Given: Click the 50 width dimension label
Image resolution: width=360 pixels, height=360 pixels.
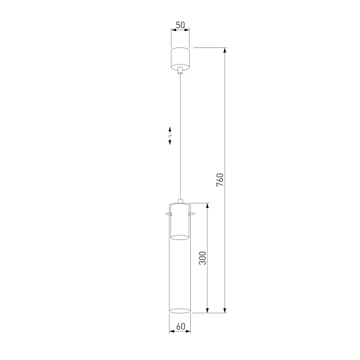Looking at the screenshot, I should click(181, 26).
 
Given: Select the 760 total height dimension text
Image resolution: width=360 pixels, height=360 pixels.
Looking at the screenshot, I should click(220, 179).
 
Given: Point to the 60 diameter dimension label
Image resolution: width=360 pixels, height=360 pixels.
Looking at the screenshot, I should click(181, 327).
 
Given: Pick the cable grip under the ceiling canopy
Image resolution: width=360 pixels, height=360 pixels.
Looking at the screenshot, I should click(181, 71).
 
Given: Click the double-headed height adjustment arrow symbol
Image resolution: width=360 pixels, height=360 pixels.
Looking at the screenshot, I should click(170, 137).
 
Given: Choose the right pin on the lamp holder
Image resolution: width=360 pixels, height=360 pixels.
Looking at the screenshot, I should click(194, 214).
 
